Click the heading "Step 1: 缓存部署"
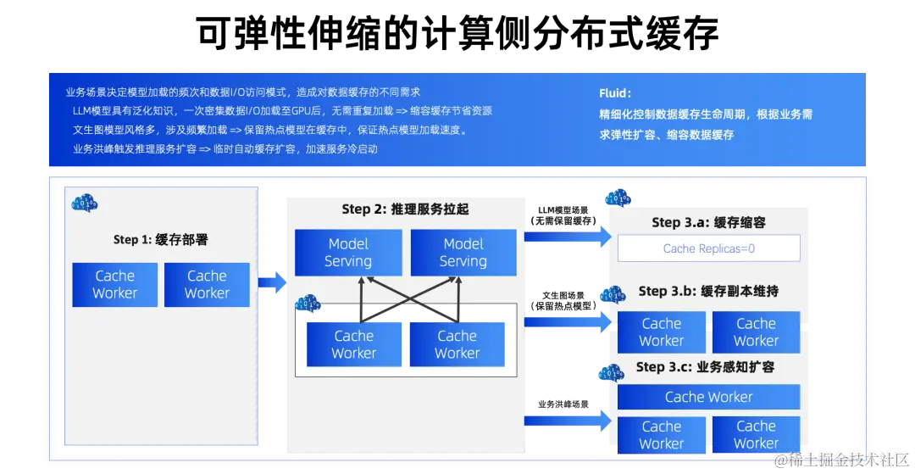click(160, 240)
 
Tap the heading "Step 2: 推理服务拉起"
click(406, 209)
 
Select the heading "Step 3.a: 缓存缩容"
click(708, 222)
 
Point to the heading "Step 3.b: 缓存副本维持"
click(708, 291)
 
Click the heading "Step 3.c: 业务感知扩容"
click(705, 367)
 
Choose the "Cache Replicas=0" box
click(708, 248)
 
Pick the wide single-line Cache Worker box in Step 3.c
click(708, 397)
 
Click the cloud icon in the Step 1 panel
click(85, 203)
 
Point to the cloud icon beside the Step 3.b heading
click(611, 295)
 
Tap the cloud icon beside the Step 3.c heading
click(610, 372)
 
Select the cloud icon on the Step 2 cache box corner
click(307, 303)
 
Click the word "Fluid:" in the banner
click(615, 93)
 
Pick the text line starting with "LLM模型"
click(282, 111)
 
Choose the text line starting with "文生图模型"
click(269, 131)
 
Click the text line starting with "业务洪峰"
click(225, 149)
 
